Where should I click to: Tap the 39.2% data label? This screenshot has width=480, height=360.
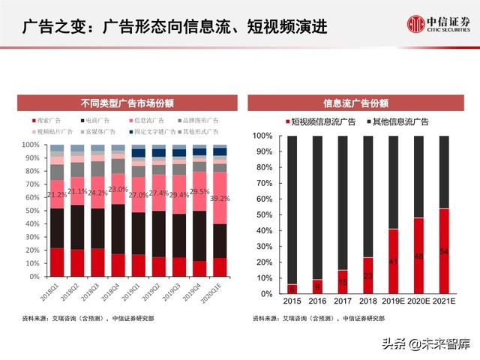click(x=220, y=199)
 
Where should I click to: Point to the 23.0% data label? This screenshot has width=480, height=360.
click(x=118, y=190)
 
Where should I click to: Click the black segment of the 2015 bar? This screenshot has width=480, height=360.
click(x=293, y=210)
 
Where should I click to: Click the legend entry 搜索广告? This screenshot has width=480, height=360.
click(x=47, y=121)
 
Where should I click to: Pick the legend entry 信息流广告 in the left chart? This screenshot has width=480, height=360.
click(x=148, y=121)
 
